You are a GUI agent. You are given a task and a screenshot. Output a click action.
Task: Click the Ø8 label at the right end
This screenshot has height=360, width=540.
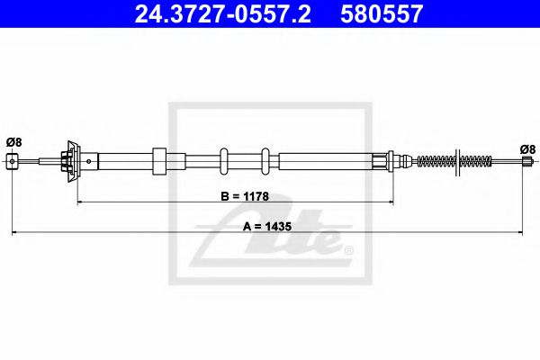527,149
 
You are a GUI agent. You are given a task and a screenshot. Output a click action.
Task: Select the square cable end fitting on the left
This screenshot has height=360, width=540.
12,161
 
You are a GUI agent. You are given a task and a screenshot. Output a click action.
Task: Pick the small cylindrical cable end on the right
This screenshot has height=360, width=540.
527,162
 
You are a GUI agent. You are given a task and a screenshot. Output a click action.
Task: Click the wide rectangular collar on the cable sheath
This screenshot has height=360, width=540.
160,162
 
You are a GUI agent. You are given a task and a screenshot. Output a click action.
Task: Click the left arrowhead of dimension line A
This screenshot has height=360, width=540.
14,234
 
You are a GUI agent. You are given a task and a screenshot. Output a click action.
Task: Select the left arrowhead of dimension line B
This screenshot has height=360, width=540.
80,202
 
